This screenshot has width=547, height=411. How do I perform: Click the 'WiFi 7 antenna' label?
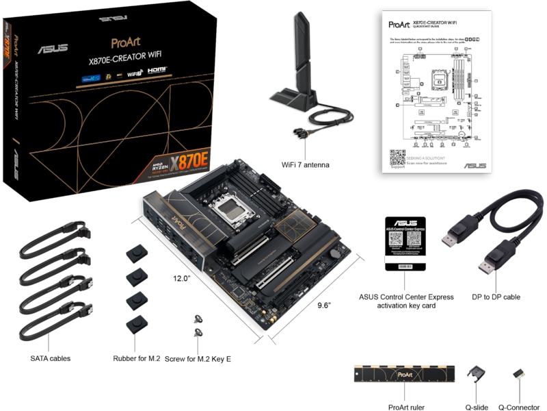pyautogui.click(x=306, y=164)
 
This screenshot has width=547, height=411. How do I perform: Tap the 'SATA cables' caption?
pyautogui.click(x=50, y=358)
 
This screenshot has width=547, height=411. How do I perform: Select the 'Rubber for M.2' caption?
pyautogui.click(x=140, y=358)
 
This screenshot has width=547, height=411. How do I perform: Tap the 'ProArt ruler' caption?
pyautogui.click(x=405, y=407)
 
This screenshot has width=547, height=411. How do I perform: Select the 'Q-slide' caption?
pyautogui.click(x=477, y=407)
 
